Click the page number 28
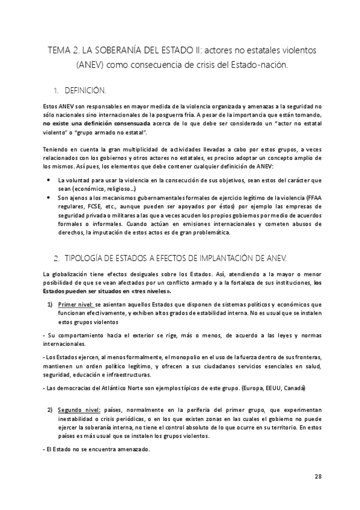318,476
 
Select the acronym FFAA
316,197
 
